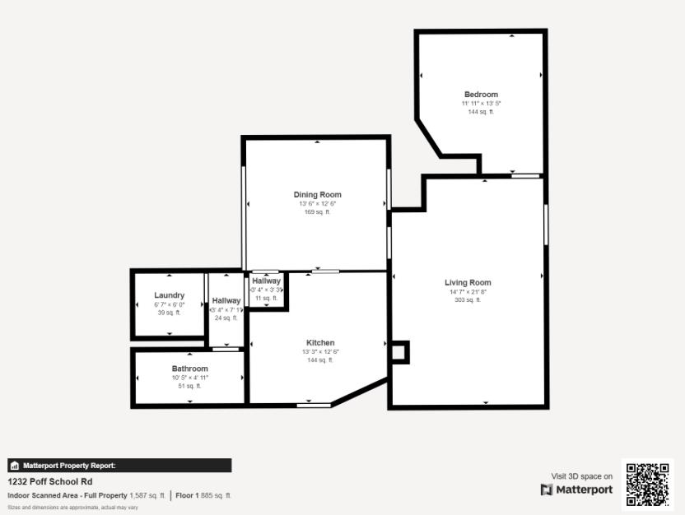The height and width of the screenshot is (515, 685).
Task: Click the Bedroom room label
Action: pos(481,95)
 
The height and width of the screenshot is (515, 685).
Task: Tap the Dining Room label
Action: pos(317,195)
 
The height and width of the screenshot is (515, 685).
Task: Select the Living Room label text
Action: pos(468,283)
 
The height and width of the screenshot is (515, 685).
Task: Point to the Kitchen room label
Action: pos(320,342)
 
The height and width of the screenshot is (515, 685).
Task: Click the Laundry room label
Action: pos(169,295)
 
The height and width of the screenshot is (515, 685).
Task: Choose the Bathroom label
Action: pos(189,369)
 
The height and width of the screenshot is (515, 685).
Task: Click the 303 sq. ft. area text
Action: pos(468,300)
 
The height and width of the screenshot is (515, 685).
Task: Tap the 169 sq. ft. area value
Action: pos(317,212)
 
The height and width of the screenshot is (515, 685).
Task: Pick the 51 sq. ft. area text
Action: pos(189,386)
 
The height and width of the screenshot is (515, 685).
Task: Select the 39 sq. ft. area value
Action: pos(169,313)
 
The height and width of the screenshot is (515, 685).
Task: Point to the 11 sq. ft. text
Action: pos(266,298)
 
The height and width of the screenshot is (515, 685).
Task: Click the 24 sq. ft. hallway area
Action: pos(226,318)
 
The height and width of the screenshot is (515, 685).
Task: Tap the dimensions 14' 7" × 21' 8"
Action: pos(468,292)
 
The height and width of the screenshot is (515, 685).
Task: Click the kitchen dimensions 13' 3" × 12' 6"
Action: pos(320,351)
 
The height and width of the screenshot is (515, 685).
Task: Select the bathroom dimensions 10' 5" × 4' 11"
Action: pos(189,378)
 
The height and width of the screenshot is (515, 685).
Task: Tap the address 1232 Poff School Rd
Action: pos(50,481)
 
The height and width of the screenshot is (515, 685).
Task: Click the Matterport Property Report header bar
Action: pos(119,466)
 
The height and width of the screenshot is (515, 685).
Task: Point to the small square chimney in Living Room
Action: pos(399,352)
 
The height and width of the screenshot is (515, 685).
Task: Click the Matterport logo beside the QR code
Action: pos(576,489)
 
